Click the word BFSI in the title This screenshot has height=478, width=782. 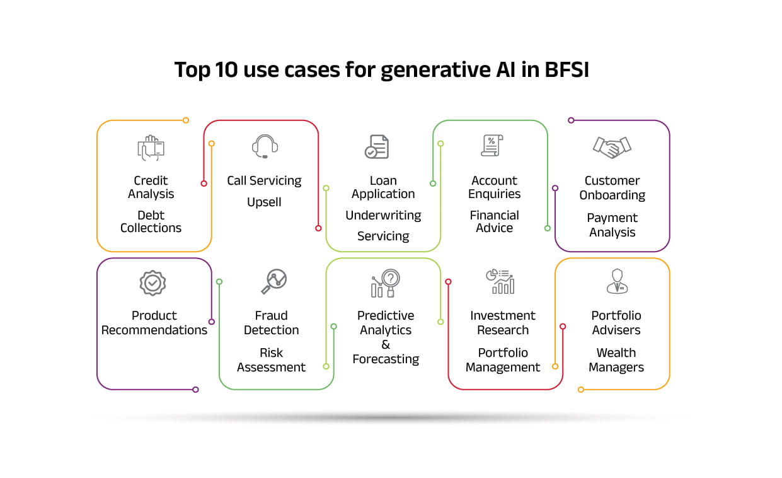click(x=566, y=69)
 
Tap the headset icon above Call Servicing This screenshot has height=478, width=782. click(x=265, y=146)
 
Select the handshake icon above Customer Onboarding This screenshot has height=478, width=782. click(x=612, y=147)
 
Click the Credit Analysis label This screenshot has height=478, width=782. click(x=151, y=187)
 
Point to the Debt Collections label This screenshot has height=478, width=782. click(x=151, y=221)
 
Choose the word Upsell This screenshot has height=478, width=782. click(x=264, y=202)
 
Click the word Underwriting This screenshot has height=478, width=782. click(x=383, y=216)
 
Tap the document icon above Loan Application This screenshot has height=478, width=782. click(x=377, y=147)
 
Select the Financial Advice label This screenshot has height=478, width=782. click(x=494, y=221)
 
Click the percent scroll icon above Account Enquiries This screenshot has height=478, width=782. click(x=492, y=146)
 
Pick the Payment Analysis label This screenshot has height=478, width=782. click(x=612, y=225)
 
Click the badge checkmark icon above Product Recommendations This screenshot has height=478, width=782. click(x=152, y=283)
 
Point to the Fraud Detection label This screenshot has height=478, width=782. click(x=271, y=323)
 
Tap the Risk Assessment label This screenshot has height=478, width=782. click(x=271, y=360)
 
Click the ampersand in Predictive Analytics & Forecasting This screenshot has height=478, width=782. click(x=386, y=344)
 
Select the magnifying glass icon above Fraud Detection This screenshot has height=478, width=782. click(x=274, y=281)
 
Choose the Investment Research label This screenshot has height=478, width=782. click(x=503, y=323)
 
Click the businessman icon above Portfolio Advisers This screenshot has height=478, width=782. click(x=618, y=281)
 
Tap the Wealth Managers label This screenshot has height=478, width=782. click(x=616, y=360)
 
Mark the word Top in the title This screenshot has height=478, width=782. click(x=192, y=70)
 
